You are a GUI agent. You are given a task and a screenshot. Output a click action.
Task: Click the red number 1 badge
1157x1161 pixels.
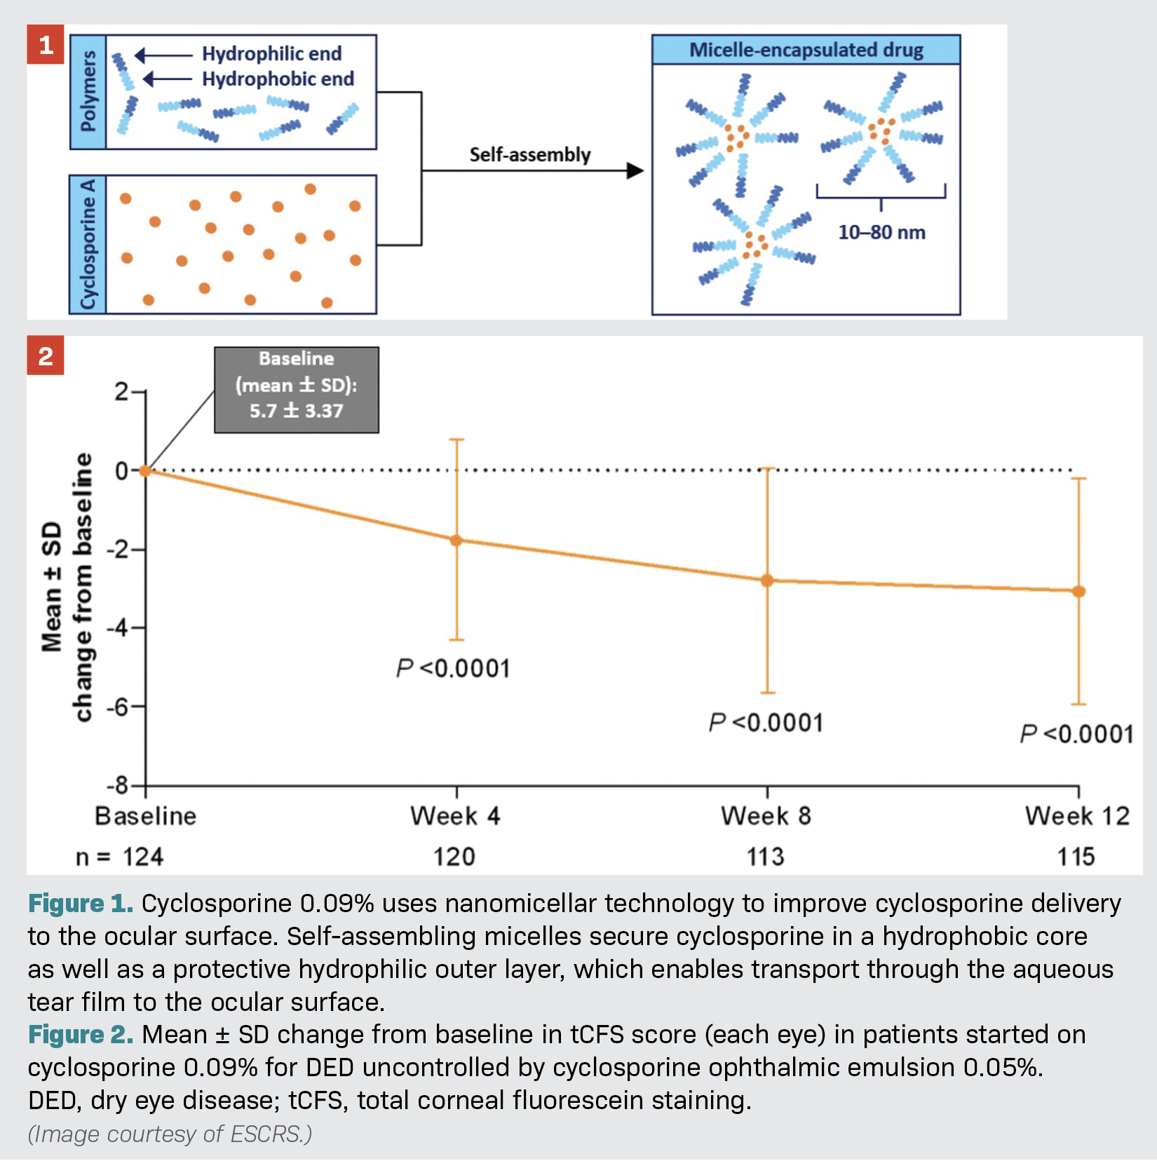pyautogui.click(x=46, y=45)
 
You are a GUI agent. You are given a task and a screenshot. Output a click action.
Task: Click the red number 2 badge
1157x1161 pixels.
pyautogui.click(x=46, y=355)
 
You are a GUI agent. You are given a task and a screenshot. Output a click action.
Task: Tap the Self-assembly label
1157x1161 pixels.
pyautogui.click(x=529, y=154)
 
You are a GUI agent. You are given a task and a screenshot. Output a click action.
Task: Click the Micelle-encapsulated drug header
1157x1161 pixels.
pyautogui.click(x=806, y=50)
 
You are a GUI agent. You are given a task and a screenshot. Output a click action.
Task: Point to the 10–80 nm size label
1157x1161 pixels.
pyautogui.click(x=881, y=232)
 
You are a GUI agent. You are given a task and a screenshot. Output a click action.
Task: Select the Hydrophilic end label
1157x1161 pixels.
pyautogui.click(x=271, y=53)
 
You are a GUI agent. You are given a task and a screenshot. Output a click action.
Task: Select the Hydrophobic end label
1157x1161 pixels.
pyautogui.click(x=278, y=79)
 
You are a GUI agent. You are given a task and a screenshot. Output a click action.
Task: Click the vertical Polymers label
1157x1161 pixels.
pyautogui.click(x=88, y=92)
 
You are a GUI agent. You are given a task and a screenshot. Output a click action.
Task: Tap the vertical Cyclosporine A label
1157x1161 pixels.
pyautogui.click(x=88, y=244)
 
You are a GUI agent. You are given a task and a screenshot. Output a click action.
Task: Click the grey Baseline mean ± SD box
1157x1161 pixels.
pyautogui.click(x=297, y=390)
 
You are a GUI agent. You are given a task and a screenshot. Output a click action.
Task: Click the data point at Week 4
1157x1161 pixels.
pyautogui.click(x=456, y=541)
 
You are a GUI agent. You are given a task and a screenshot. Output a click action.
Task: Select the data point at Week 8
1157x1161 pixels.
pyautogui.click(x=767, y=580)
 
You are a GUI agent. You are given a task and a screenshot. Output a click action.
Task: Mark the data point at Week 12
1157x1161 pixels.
pyautogui.click(x=1078, y=592)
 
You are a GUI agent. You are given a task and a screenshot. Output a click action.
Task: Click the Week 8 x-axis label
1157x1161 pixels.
pyautogui.click(x=766, y=816)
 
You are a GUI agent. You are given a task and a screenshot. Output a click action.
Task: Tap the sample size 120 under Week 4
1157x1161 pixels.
pyautogui.click(x=454, y=857)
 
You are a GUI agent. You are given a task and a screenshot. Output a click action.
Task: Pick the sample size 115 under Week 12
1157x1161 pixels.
pyautogui.click(x=1076, y=857)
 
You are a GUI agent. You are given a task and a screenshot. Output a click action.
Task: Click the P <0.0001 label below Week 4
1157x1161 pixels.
pyautogui.click(x=453, y=669)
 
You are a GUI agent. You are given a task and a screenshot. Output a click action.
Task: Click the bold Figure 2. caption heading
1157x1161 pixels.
pyautogui.click(x=81, y=1035)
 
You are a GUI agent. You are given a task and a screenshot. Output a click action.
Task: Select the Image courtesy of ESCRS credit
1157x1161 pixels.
pyautogui.click(x=170, y=1134)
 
